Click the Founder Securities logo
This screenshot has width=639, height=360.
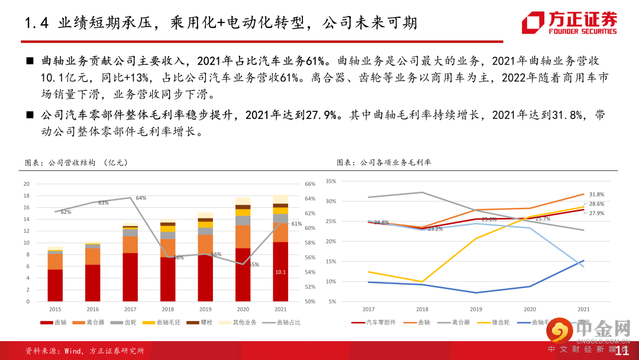click(569, 22)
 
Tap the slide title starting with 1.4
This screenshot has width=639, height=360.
click(219, 22)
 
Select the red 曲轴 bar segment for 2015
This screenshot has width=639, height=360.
click(55, 285)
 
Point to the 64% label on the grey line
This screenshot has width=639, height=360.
click(141, 198)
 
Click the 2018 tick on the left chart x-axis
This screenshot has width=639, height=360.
click(168, 309)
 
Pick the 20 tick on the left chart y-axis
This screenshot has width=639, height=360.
click(25, 184)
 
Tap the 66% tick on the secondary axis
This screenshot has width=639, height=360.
click(310, 184)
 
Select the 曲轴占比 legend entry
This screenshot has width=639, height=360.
click(285, 323)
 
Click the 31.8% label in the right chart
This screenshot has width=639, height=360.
click(596, 194)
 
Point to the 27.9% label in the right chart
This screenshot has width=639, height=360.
click(596, 213)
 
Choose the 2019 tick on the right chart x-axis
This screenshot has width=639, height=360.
click(476, 309)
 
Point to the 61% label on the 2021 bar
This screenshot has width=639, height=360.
click(296, 224)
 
